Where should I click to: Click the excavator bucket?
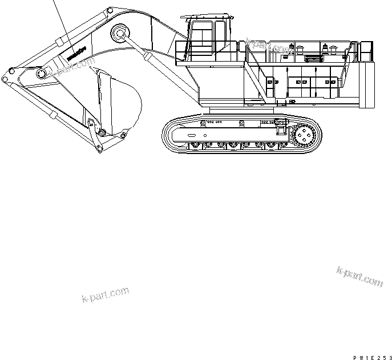[x=117, y=103]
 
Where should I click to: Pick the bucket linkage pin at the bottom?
[x=101, y=134]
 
